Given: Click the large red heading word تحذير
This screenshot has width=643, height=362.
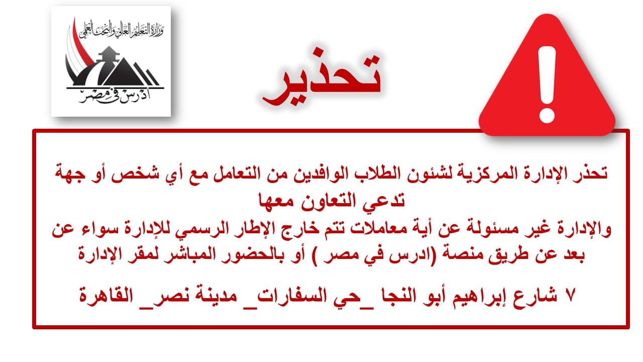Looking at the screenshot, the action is pyautogui.click(x=321, y=77).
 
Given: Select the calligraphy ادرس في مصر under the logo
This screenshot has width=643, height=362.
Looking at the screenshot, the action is pyautogui.click(x=114, y=96).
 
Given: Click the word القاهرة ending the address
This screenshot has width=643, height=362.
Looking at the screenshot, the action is pyautogui.click(x=106, y=296).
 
